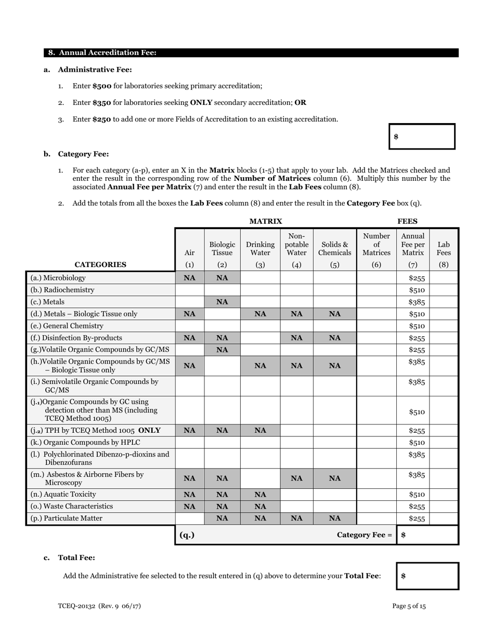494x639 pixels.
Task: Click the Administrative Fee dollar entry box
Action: point(422,137)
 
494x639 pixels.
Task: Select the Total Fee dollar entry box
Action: point(427,576)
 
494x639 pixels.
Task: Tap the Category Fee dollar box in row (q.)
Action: point(427,535)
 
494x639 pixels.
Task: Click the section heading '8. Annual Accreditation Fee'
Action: point(102,53)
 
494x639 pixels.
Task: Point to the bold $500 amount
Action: point(102,86)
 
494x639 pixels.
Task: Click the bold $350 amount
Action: point(102,102)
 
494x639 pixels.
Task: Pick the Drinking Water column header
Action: point(260,248)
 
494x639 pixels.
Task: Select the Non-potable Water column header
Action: point(296,244)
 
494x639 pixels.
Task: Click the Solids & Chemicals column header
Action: point(334,248)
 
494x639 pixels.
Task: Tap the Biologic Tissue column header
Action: point(222,248)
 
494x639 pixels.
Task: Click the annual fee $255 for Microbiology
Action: point(417,278)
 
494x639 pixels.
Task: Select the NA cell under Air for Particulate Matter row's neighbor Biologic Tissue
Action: point(222,518)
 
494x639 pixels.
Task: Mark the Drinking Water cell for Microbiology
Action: point(260,278)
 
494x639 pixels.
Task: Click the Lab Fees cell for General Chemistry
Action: point(444,326)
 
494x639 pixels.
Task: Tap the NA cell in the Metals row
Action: point(222,302)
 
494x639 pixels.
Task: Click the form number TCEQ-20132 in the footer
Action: point(99,606)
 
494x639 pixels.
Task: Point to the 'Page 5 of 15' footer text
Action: point(409,606)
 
